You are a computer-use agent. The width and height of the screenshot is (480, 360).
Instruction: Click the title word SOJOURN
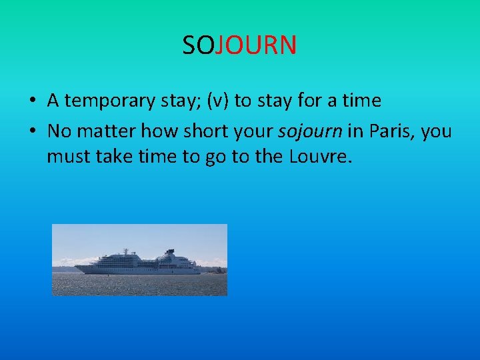(x=239, y=45)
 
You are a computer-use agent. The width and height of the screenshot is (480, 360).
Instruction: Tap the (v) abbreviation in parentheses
(x=218, y=101)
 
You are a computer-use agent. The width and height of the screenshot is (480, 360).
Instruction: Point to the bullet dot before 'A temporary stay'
(x=32, y=101)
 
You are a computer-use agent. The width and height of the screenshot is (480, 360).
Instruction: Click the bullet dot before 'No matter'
(x=32, y=131)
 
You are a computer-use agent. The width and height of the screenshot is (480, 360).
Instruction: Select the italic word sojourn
(x=310, y=131)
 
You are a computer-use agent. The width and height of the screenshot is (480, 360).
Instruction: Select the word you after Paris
(x=436, y=131)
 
